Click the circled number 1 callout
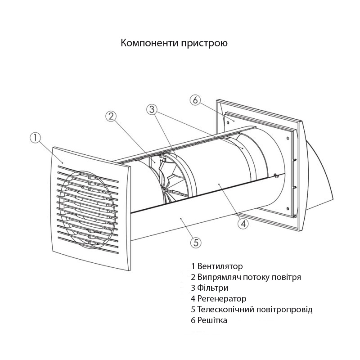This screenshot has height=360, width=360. pos(36,138)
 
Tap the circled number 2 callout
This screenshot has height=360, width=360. pos(111,117)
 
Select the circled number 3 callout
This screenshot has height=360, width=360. pos(152,109)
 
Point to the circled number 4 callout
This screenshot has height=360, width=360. pos(243,223)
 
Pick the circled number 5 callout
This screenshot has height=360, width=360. pos(196,243)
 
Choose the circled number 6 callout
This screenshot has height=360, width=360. pos(195,100)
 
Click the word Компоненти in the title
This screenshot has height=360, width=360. pos(149,43)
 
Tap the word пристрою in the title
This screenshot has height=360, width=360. pos(204,44)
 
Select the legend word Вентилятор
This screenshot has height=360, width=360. pos(220,266)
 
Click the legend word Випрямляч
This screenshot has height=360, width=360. pos(219,277)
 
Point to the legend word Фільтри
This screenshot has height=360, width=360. pos(212,288)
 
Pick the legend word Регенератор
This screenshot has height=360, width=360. pos(222,299)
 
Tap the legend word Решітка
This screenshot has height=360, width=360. pos(212,320)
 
